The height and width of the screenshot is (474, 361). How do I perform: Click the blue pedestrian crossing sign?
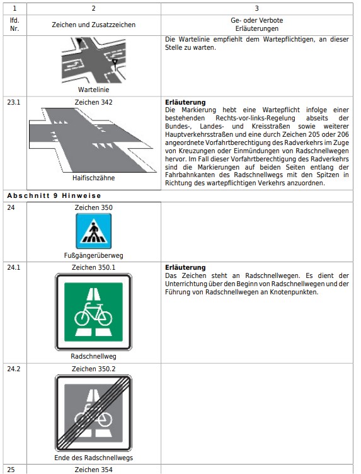click(x=94, y=231)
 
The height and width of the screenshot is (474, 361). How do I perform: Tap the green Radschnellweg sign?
click(x=94, y=312)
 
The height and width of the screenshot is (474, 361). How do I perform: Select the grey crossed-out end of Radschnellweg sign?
click(x=94, y=413)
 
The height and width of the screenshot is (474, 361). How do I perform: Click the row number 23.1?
click(x=14, y=102)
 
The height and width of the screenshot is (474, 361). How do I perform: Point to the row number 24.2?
click(x=14, y=369)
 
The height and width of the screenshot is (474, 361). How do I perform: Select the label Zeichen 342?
click(x=94, y=102)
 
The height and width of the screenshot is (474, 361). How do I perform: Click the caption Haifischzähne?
click(x=94, y=178)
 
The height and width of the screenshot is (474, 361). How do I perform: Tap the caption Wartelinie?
click(x=94, y=90)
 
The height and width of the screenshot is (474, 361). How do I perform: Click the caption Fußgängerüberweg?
click(x=94, y=255)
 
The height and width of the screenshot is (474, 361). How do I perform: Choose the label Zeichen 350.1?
click(x=94, y=267)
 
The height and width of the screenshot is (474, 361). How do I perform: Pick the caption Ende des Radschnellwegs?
click(x=94, y=458)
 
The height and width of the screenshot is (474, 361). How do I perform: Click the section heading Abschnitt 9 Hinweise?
click(x=54, y=195)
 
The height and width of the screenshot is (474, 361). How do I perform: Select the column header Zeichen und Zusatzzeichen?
click(x=94, y=25)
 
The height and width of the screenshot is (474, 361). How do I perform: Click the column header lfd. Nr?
click(x=14, y=25)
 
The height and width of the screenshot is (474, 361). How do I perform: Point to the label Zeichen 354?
click(x=94, y=470)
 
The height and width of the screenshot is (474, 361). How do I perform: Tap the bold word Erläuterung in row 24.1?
click(x=185, y=267)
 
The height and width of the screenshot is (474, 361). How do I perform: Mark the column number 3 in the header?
click(x=257, y=8)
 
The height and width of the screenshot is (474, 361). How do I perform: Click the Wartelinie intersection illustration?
click(x=94, y=60)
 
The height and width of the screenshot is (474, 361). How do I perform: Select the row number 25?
click(x=11, y=470)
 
